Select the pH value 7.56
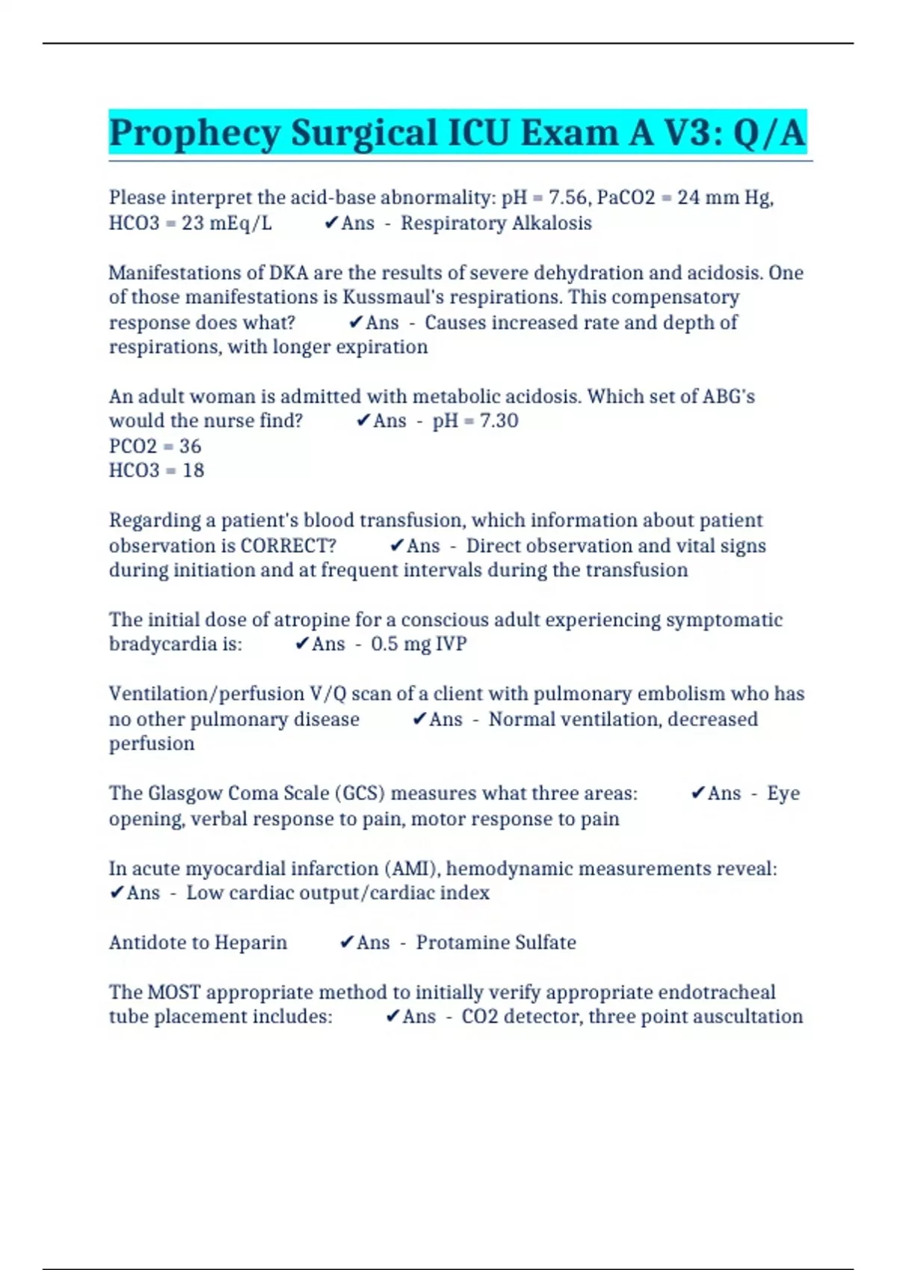[567, 198]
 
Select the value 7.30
[499, 421]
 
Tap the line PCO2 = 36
[155, 446]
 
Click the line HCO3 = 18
[156, 471]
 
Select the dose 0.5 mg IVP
[419, 644]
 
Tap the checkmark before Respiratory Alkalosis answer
[331, 223]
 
